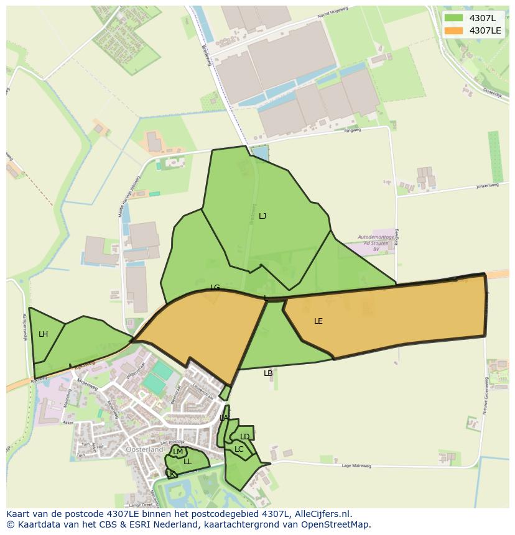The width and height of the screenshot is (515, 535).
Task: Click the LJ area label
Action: [262, 216]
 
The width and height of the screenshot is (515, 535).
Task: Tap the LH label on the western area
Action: [43, 334]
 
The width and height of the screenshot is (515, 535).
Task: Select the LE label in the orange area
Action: [318, 321]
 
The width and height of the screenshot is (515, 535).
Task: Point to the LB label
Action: [268, 373]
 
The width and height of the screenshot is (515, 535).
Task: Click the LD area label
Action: [244, 437]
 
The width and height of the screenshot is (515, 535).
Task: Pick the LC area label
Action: [239, 449]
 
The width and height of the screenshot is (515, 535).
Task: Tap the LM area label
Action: [178, 452]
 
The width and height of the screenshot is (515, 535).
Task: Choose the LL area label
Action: [187, 462]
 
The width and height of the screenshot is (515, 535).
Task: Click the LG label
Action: [215, 288]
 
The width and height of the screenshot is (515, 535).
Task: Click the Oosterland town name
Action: [144, 449]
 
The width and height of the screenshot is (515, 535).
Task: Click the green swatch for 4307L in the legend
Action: [453, 18]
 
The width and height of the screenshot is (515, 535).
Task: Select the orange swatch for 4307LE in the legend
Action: [453, 30]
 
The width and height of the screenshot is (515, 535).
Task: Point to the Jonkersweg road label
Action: [488, 185]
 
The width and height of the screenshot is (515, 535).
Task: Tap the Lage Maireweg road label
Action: [356, 465]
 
